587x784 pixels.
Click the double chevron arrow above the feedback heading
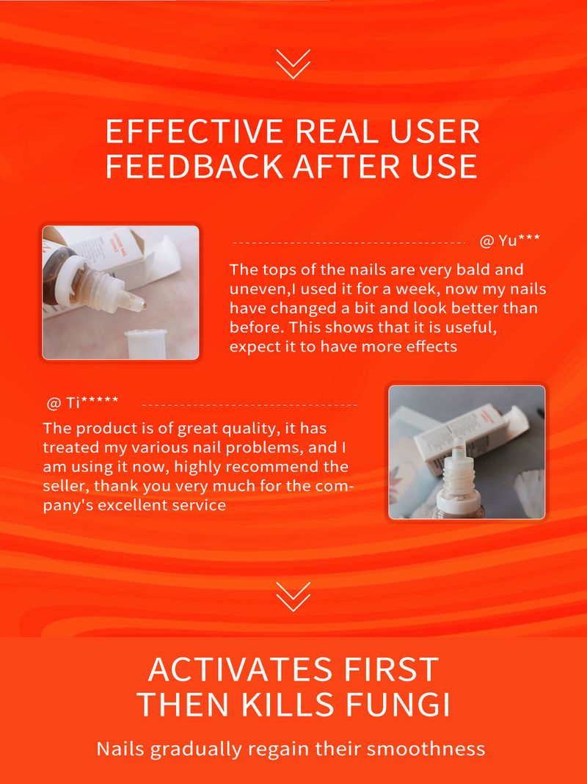tap(293, 64)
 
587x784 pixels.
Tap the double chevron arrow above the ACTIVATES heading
tap(293, 597)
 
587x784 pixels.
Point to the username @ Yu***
tap(509, 241)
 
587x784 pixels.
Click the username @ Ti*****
tap(82, 402)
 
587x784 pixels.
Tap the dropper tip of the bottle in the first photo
tap(142, 302)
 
